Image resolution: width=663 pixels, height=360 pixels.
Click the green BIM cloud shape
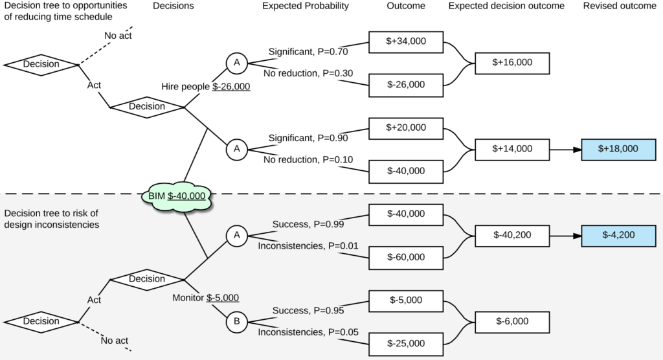[x=177, y=196]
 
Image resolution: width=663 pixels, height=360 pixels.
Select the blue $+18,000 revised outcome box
[x=619, y=149]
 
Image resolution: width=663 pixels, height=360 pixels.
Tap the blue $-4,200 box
[x=619, y=235]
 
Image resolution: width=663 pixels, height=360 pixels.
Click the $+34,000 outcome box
[x=406, y=41]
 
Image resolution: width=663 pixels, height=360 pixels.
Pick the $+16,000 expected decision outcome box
[x=512, y=63]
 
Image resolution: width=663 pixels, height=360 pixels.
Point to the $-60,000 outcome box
[x=406, y=257]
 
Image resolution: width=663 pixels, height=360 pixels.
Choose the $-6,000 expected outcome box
[x=512, y=321]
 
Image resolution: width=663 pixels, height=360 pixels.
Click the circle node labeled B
[x=237, y=321]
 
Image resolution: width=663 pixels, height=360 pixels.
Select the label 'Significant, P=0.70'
[x=308, y=52]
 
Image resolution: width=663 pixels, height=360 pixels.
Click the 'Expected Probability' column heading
[x=306, y=6]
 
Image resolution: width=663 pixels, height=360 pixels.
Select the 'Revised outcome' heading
[x=619, y=6]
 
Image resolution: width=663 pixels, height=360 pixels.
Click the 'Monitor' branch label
[x=188, y=298]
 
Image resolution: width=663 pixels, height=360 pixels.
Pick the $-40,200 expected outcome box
[x=512, y=235]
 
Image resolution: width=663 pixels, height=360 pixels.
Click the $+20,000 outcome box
[x=406, y=128]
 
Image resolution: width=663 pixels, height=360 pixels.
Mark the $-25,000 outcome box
[x=406, y=343]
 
